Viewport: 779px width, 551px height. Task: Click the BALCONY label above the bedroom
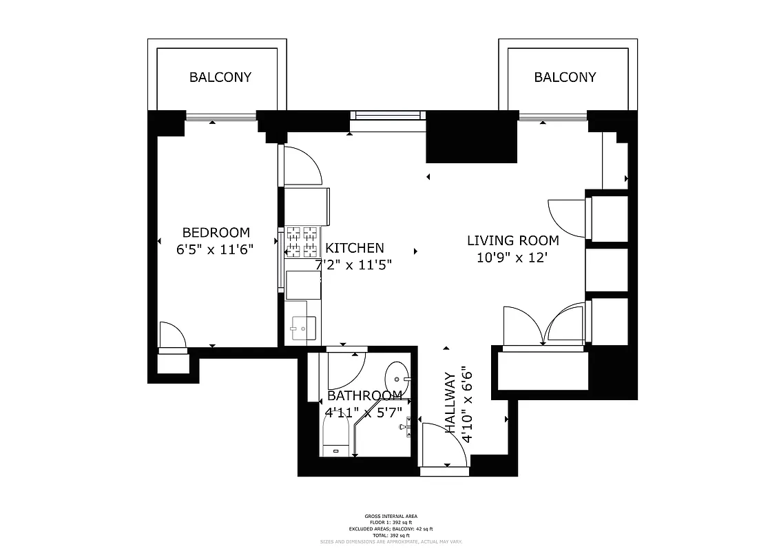coord(220,77)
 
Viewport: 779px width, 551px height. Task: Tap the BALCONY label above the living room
coord(565,77)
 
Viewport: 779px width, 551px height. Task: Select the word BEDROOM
coord(216,233)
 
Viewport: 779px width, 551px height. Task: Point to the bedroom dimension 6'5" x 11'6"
coord(216,249)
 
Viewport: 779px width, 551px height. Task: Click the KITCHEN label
coord(355,248)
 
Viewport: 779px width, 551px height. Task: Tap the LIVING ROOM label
coord(513,240)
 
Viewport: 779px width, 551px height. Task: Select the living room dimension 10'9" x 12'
coord(512,258)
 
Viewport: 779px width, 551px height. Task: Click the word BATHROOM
coord(364,396)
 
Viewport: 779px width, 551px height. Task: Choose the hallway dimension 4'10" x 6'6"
coord(468,403)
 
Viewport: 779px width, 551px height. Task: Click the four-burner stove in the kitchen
coord(302,240)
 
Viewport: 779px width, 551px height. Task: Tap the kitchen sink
coord(302,329)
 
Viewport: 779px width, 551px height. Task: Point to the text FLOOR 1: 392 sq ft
coord(391,522)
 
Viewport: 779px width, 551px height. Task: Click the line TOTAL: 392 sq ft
coord(391,535)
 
